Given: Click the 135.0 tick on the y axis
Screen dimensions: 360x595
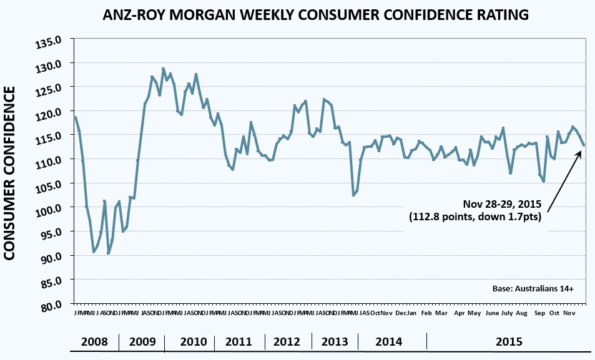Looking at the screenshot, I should tap(54, 42).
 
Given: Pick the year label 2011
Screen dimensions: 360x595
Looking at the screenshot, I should tap(238, 342).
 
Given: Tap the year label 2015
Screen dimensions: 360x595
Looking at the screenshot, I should tap(509, 342).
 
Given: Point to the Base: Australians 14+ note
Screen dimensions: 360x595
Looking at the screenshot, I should tap(533, 289).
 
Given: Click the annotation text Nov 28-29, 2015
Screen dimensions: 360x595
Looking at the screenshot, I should tap(503, 204).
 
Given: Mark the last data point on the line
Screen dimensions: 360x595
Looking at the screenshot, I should tap(584, 145).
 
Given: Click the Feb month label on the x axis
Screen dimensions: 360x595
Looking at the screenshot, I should tap(426, 313).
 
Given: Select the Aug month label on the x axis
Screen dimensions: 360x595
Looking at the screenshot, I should tap(522, 313).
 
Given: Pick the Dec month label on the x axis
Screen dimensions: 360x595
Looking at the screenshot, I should tap(401, 313).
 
